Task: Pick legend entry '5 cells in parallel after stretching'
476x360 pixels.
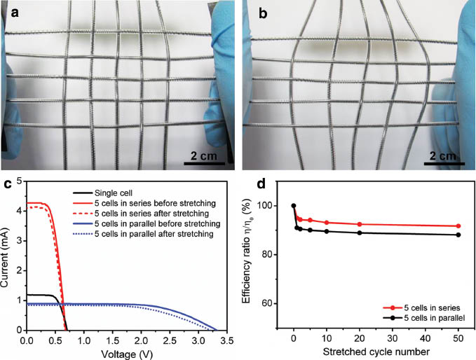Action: tap(158, 234)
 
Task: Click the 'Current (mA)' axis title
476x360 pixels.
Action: tap(6, 256)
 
